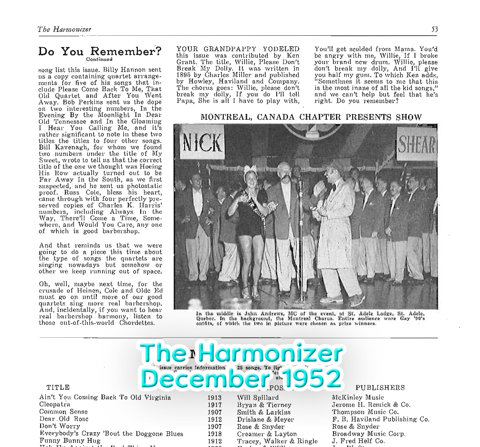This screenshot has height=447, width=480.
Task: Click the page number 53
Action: tap(434, 29)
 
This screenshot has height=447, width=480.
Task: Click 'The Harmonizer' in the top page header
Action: tap(64, 30)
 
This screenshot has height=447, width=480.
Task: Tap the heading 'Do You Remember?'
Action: tap(100, 52)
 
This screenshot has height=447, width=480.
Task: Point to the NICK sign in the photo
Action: tap(202, 142)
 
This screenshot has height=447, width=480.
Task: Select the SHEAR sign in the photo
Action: tap(417, 144)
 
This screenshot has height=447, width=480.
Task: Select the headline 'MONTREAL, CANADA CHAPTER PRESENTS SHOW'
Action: tap(311, 117)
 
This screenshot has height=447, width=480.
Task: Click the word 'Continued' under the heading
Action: tap(99, 60)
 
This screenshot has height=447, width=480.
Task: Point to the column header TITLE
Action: tap(58, 387)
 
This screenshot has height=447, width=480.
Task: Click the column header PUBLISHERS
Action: tap(380, 387)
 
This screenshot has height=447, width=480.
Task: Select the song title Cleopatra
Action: tap(54, 405)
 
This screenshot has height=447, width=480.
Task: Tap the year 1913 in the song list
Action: tap(215, 397)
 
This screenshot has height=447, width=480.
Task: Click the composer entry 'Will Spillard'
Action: tap(258, 397)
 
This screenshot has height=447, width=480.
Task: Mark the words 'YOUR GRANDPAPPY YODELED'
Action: tap(238, 49)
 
